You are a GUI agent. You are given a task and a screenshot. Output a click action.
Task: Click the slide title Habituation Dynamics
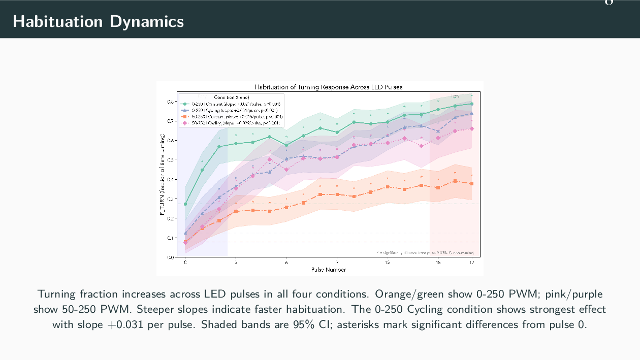pos(98,21)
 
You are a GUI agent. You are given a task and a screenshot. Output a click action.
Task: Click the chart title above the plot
pos(328,87)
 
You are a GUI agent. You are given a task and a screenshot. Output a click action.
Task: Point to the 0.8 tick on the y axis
pos(171,102)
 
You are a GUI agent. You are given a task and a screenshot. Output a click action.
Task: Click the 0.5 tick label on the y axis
pos(171,160)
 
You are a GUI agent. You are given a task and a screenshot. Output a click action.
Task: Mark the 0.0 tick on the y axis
pos(171,257)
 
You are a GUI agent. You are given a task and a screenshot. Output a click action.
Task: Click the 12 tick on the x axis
pos(387,263)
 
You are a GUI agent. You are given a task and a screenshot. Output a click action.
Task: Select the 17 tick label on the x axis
pos(472,263)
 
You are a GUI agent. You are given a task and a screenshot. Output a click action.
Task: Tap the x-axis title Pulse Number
pos(328,270)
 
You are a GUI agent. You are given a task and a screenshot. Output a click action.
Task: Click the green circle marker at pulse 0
pos(185,204)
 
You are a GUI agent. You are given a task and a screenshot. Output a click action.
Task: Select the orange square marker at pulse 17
pos(472,183)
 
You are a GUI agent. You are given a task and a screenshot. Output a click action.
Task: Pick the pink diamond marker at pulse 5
pos(269,159)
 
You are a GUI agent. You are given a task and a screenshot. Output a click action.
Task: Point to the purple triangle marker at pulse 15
pos(438,131)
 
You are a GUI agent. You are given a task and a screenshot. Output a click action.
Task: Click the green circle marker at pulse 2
pos(219,147)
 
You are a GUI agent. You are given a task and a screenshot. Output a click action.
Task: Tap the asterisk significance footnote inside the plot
pos(426,252)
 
